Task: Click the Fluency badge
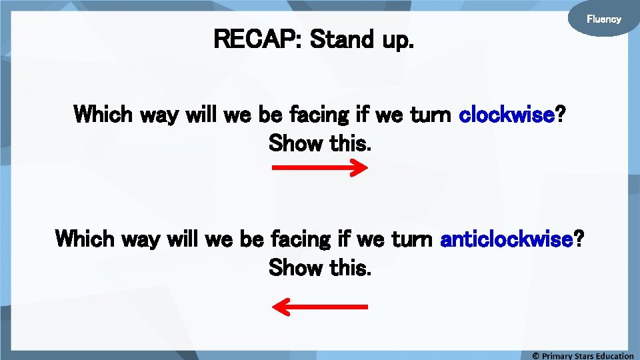click(603, 19)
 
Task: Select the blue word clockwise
click(507, 115)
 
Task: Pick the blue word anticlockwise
click(507, 238)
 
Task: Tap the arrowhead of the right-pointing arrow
click(359, 169)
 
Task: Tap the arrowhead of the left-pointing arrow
click(281, 307)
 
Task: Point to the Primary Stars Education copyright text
click(587, 355)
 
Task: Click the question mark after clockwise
click(561, 115)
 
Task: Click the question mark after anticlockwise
click(578, 238)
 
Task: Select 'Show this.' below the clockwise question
click(319, 142)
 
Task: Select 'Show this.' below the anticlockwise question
click(319, 268)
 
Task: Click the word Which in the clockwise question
click(103, 115)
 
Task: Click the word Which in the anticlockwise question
click(85, 238)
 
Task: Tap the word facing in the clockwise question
click(319, 115)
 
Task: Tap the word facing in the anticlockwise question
click(301, 238)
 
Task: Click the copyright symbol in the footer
click(535, 355)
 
